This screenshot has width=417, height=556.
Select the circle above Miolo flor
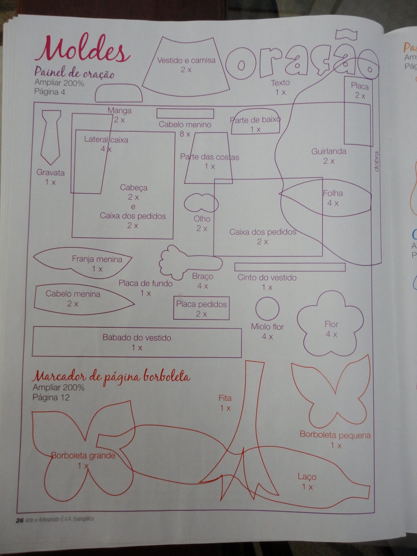[x=267, y=309]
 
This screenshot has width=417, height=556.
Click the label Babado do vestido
[x=137, y=337]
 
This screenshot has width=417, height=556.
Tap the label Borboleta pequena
[x=335, y=435]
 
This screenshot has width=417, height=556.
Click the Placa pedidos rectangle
[x=201, y=308]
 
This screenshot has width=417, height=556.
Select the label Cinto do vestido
[x=267, y=277]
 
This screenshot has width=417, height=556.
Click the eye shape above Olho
[x=201, y=203]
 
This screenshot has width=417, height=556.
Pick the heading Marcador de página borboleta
[x=112, y=377]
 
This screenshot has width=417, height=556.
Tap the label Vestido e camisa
[x=186, y=60]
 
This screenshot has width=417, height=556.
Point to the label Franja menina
[x=97, y=259]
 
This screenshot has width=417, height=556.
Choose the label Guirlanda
[x=328, y=151]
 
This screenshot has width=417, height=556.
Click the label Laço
[x=306, y=476]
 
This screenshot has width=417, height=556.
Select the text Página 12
[x=51, y=397]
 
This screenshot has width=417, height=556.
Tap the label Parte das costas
[x=210, y=157]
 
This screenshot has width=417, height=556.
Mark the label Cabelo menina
[x=73, y=294]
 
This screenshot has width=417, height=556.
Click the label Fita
[x=225, y=398]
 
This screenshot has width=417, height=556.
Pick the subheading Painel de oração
[x=74, y=73]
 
